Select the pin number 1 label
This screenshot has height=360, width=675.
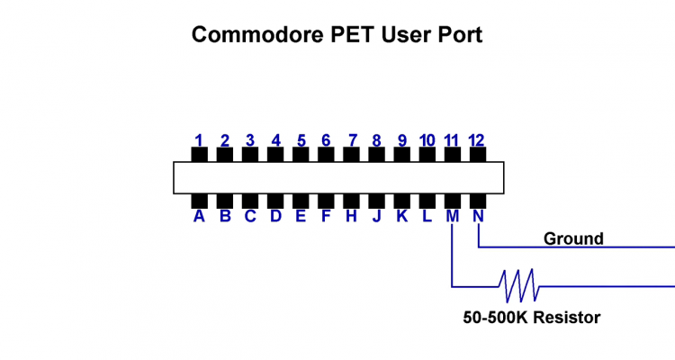click(199, 140)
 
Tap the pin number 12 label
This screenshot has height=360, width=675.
click(477, 140)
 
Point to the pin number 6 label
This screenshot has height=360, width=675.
click(326, 140)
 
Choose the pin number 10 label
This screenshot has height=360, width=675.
click(427, 140)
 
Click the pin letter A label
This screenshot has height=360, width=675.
click(199, 216)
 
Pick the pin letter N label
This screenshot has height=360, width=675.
click(478, 216)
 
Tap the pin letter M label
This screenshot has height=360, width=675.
click(453, 216)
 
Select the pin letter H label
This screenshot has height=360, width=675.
click(352, 216)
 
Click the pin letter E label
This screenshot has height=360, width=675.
click(301, 216)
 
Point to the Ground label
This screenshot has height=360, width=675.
click(573, 238)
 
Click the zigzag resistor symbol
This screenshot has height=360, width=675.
click(518, 285)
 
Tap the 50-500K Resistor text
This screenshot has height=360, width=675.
click(531, 317)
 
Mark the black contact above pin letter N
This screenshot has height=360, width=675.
click(478, 200)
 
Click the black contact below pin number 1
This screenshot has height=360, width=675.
click(199, 155)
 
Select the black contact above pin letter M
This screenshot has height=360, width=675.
click(453, 200)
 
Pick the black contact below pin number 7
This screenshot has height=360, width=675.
click(352, 155)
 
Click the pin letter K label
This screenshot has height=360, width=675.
click(402, 216)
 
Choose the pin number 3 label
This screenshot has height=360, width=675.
click(250, 140)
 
